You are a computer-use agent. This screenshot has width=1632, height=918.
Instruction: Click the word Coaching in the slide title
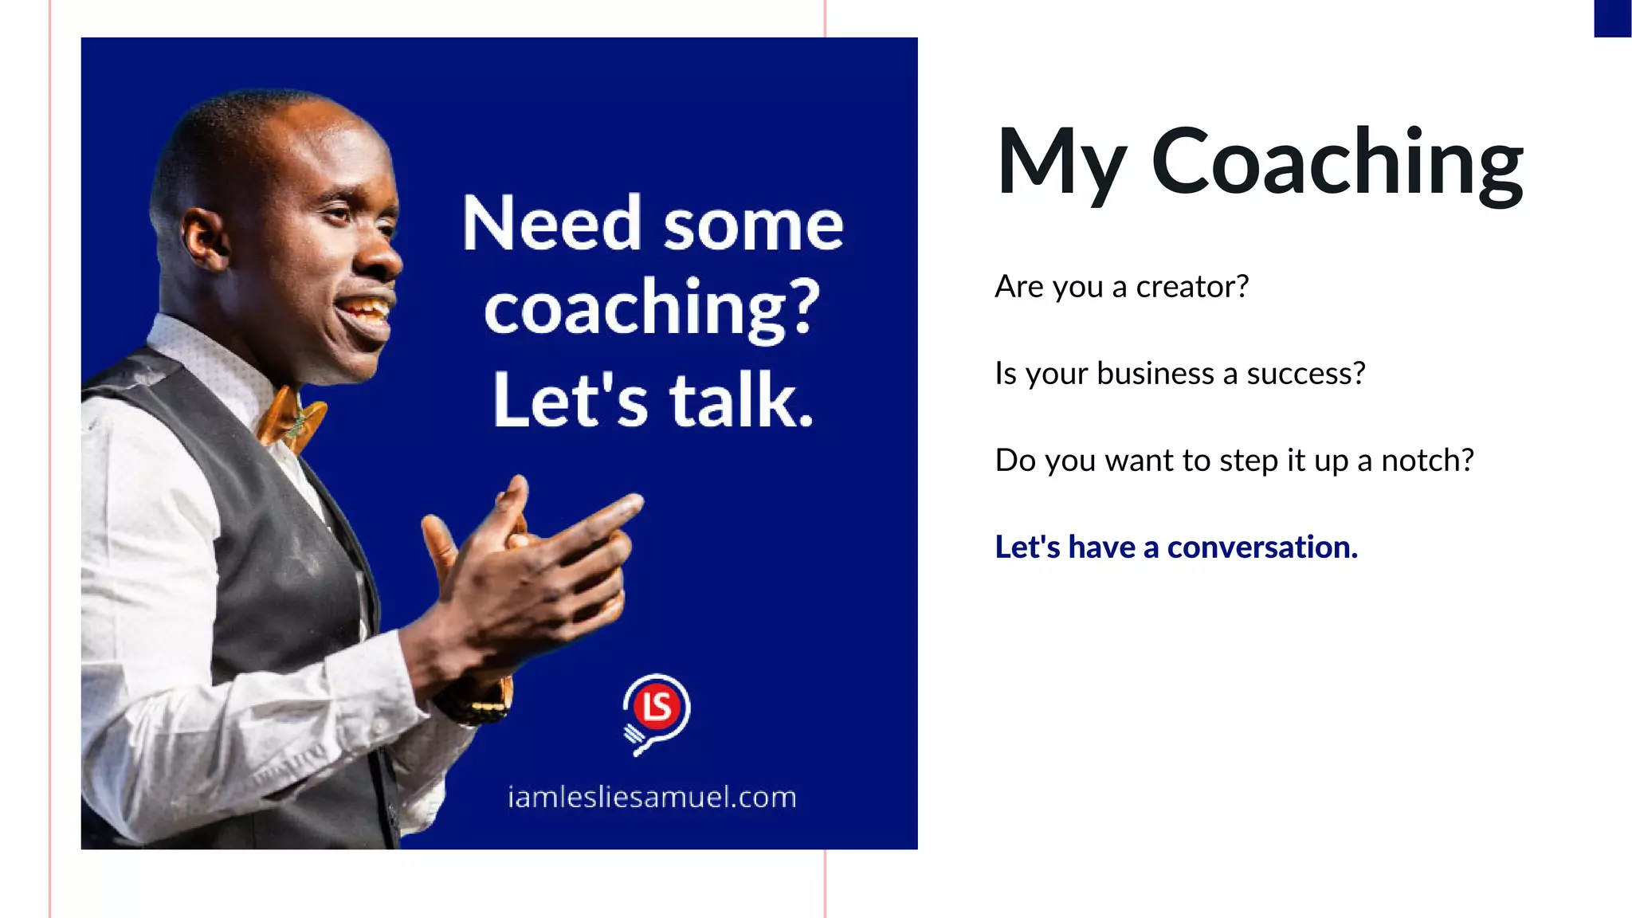pyautogui.click(x=1337, y=163)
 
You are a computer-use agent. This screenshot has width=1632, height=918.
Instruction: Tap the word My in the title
pyautogui.click(x=1061, y=163)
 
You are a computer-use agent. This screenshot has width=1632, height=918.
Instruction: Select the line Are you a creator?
pyautogui.click(x=1121, y=287)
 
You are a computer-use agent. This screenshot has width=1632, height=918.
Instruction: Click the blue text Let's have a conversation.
pyautogui.click(x=1176, y=547)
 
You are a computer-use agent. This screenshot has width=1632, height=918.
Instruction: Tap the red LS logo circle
pyautogui.click(x=657, y=706)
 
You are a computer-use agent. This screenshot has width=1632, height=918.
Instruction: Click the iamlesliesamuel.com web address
pyautogui.click(x=652, y=797)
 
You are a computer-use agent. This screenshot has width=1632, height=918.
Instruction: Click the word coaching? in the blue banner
pyautogui.click(x=652, y=309)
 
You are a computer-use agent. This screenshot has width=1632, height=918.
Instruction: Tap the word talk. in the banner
pyautogui.click(x=741, y=400)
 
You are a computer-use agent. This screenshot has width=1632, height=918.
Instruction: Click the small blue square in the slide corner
pyautogui.click(x=1612, y=18)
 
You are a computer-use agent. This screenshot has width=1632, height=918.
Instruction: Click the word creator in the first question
pyautogui.click(x=1186, y=287)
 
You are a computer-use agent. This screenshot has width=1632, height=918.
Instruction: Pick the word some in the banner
pyautogui.click(x=753, y=226)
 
